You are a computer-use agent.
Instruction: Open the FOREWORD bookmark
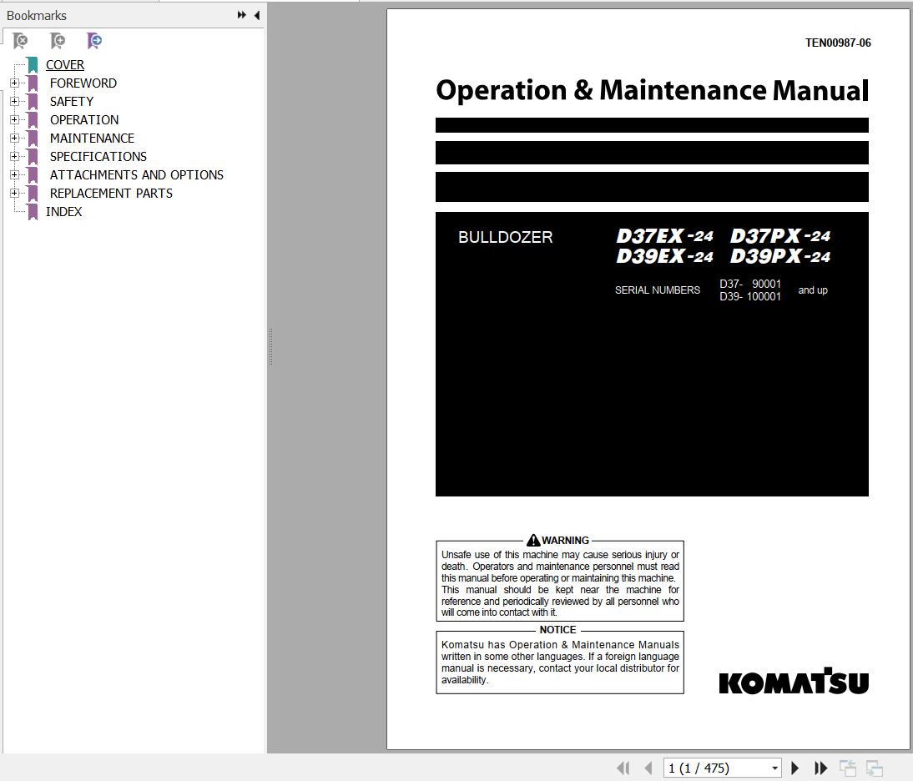tap(83, 83)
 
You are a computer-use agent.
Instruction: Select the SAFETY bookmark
tap(71, 102)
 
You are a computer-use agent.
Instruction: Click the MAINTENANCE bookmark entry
tap(92, 139)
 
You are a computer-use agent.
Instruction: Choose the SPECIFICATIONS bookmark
tap(98, 157)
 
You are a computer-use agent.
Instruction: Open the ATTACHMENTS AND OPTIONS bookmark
tap(136, 175)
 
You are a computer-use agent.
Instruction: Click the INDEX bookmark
tap(63, 212)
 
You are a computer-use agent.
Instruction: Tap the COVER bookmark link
tap(64, 65)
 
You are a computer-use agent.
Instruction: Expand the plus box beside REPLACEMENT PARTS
tap(14, 194)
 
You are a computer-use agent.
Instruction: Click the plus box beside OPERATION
tap(14, 120)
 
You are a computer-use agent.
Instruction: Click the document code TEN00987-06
tap(837, 43)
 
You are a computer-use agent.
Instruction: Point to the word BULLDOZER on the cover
tap(505, 238)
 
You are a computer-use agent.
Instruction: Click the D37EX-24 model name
tap(664, 236)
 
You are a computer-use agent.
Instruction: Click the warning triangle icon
tap(533, 541)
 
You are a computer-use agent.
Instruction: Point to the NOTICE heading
tap(557, 630)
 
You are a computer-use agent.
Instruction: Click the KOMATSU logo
tap(794, 682)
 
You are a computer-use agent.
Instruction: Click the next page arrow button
tap(795, 768)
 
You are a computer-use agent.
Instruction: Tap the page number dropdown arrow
tap(774, 768)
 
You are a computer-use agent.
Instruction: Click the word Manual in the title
tap(820, 90)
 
